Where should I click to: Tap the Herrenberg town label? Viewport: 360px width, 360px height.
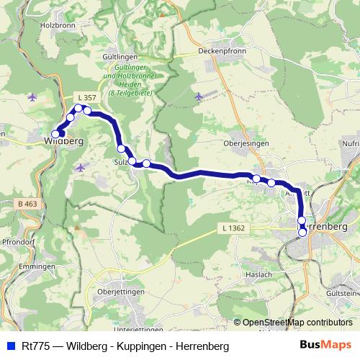click(x=328, y=226)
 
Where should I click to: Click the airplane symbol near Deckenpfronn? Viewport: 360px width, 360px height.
click(x=199, y=95)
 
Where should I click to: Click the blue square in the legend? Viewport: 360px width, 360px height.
click(x=9, y=346)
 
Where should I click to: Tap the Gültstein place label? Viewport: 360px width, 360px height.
click(x=343, y=294)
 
